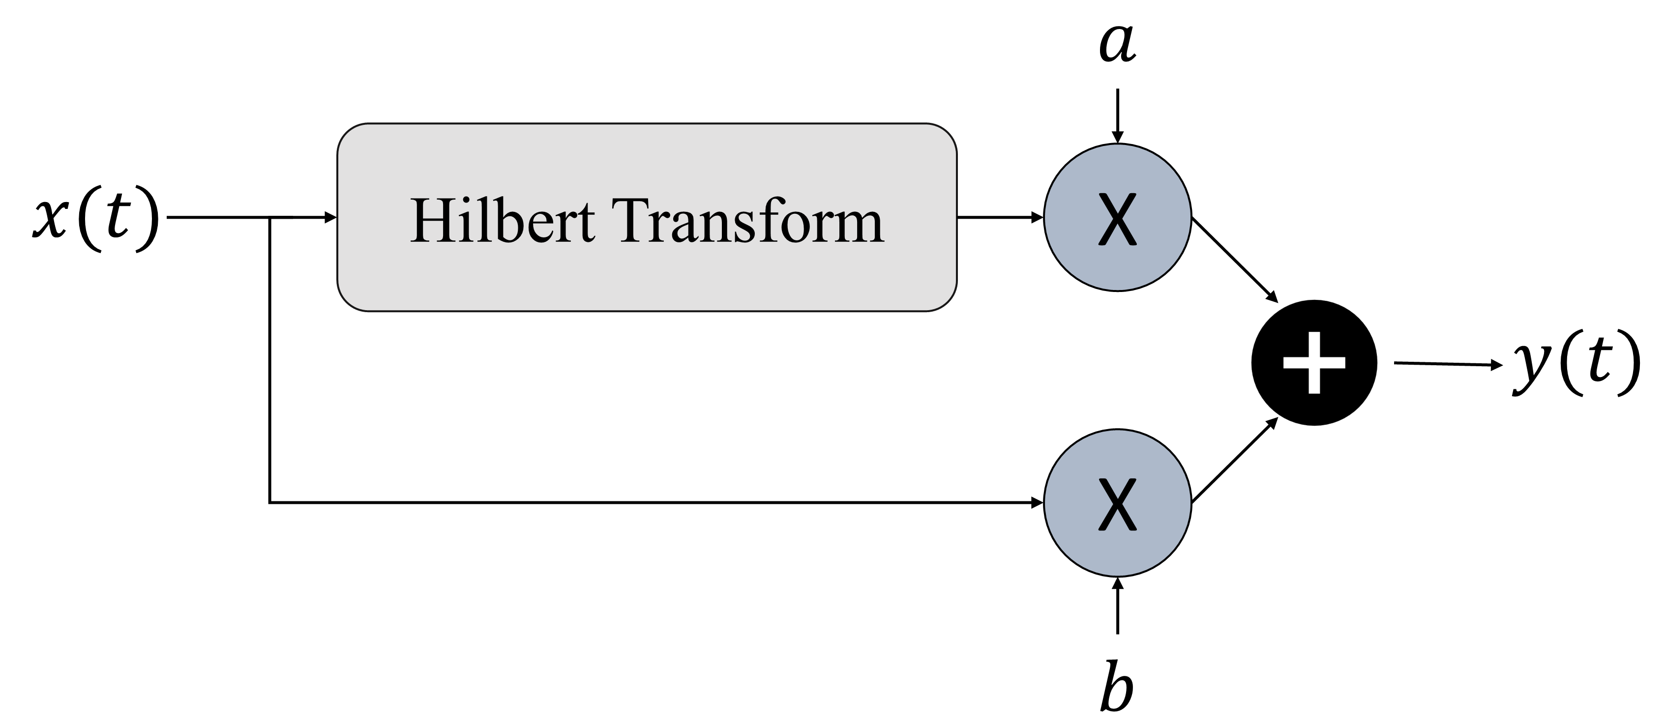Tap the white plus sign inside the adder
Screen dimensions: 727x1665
[1314, 363]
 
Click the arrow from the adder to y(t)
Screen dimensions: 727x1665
[1448, 364]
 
